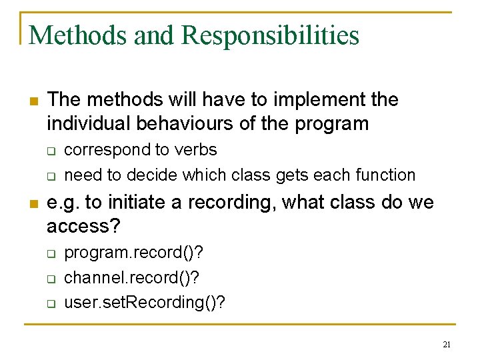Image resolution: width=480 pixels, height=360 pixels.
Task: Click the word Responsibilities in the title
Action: click(x=271, y=35)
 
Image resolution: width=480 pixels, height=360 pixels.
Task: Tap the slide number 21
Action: click(x=446, y=345)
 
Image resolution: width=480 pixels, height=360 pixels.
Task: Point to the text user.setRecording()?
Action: click(x=144, y=302)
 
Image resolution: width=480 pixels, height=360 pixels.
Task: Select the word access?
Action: click(x=83, y=226)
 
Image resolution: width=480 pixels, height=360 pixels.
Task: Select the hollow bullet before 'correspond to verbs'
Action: click(x=50, y=151)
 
